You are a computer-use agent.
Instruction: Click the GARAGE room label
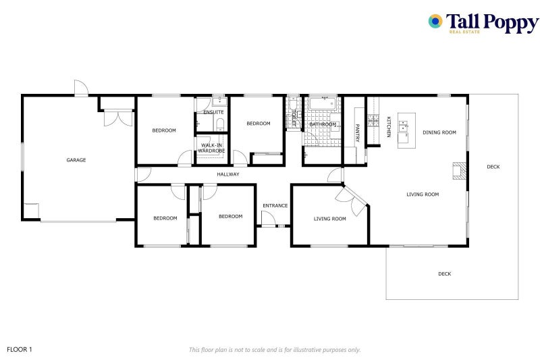click(x=76, y=160)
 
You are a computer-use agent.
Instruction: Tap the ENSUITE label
click(x=213, y=112)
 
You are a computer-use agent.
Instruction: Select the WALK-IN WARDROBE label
click(x=211, y=148)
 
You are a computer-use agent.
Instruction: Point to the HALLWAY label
click(x=228, y=174)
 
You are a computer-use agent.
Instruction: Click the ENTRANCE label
click(x=275, y=205)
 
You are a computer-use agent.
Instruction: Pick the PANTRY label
click(x=358, y=133)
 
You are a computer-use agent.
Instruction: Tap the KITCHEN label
click(x=388, y=127)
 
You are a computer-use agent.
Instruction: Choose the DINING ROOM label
click(x=439, y=132)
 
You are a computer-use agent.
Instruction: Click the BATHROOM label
click(x=323, y=124)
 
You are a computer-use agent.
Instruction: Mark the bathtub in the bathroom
click(x=323, y=103)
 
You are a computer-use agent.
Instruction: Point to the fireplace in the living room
click(x=459, y=172)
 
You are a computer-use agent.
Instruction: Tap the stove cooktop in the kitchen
click(x=372, y=121)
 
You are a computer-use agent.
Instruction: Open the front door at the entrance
click(x=268, y=219)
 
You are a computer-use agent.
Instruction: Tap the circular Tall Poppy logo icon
click(x=435, y=22)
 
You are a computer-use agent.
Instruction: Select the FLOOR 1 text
click(x=20, y=349)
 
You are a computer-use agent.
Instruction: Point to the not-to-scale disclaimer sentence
click(x=274, y=350)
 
